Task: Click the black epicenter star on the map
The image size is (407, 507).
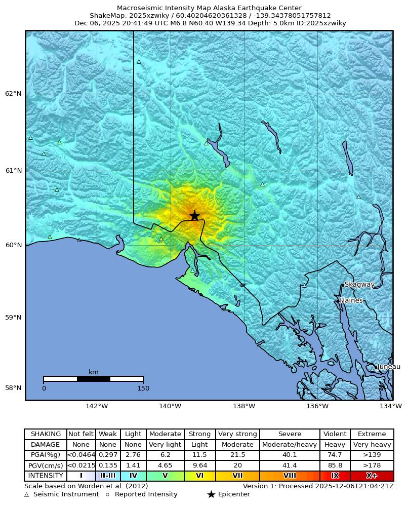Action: click(x=194, y=216)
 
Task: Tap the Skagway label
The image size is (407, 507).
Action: click(x=359, y=285)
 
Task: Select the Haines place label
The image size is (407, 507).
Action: click(x=351, y=301)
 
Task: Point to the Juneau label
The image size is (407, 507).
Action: click(x=389, y=367)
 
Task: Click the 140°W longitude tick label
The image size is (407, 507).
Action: click(x=170, y=406)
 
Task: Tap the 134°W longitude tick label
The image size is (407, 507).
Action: click(x=391, y=406)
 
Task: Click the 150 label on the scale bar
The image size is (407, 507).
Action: click(x=143, y=388)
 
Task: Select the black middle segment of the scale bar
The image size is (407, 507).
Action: click(x=94, y=379)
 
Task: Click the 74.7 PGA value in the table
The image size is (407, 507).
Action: click(x=335, y=455)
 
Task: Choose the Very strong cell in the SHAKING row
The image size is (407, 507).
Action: click(x=237, y=434)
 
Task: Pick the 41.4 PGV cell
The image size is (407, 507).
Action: click(x=290, y=465)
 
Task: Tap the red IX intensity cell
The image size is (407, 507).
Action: click(x=335, y=476)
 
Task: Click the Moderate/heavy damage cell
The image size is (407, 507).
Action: click(x=290, y=445)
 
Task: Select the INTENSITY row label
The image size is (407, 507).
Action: click(x=46, y=476)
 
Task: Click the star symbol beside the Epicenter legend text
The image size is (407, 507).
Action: click(x=211, y=494)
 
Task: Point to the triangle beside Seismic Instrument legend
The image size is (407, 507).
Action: click(x=27, y=494)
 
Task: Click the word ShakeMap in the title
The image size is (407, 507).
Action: click(x=104, y=16)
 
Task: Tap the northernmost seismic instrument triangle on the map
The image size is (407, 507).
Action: click(x=139, y=62)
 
